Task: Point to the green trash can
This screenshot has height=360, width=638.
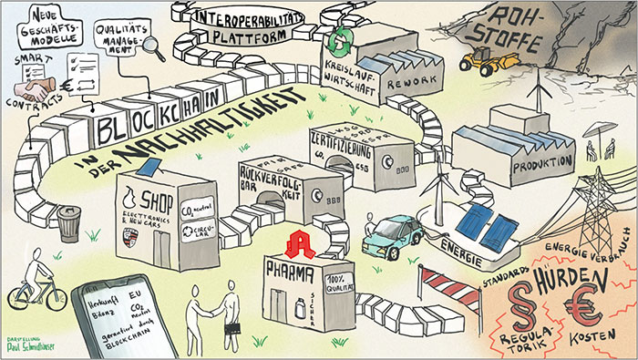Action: tap(69, 224)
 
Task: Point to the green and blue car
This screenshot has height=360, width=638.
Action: tap(390, 234)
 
